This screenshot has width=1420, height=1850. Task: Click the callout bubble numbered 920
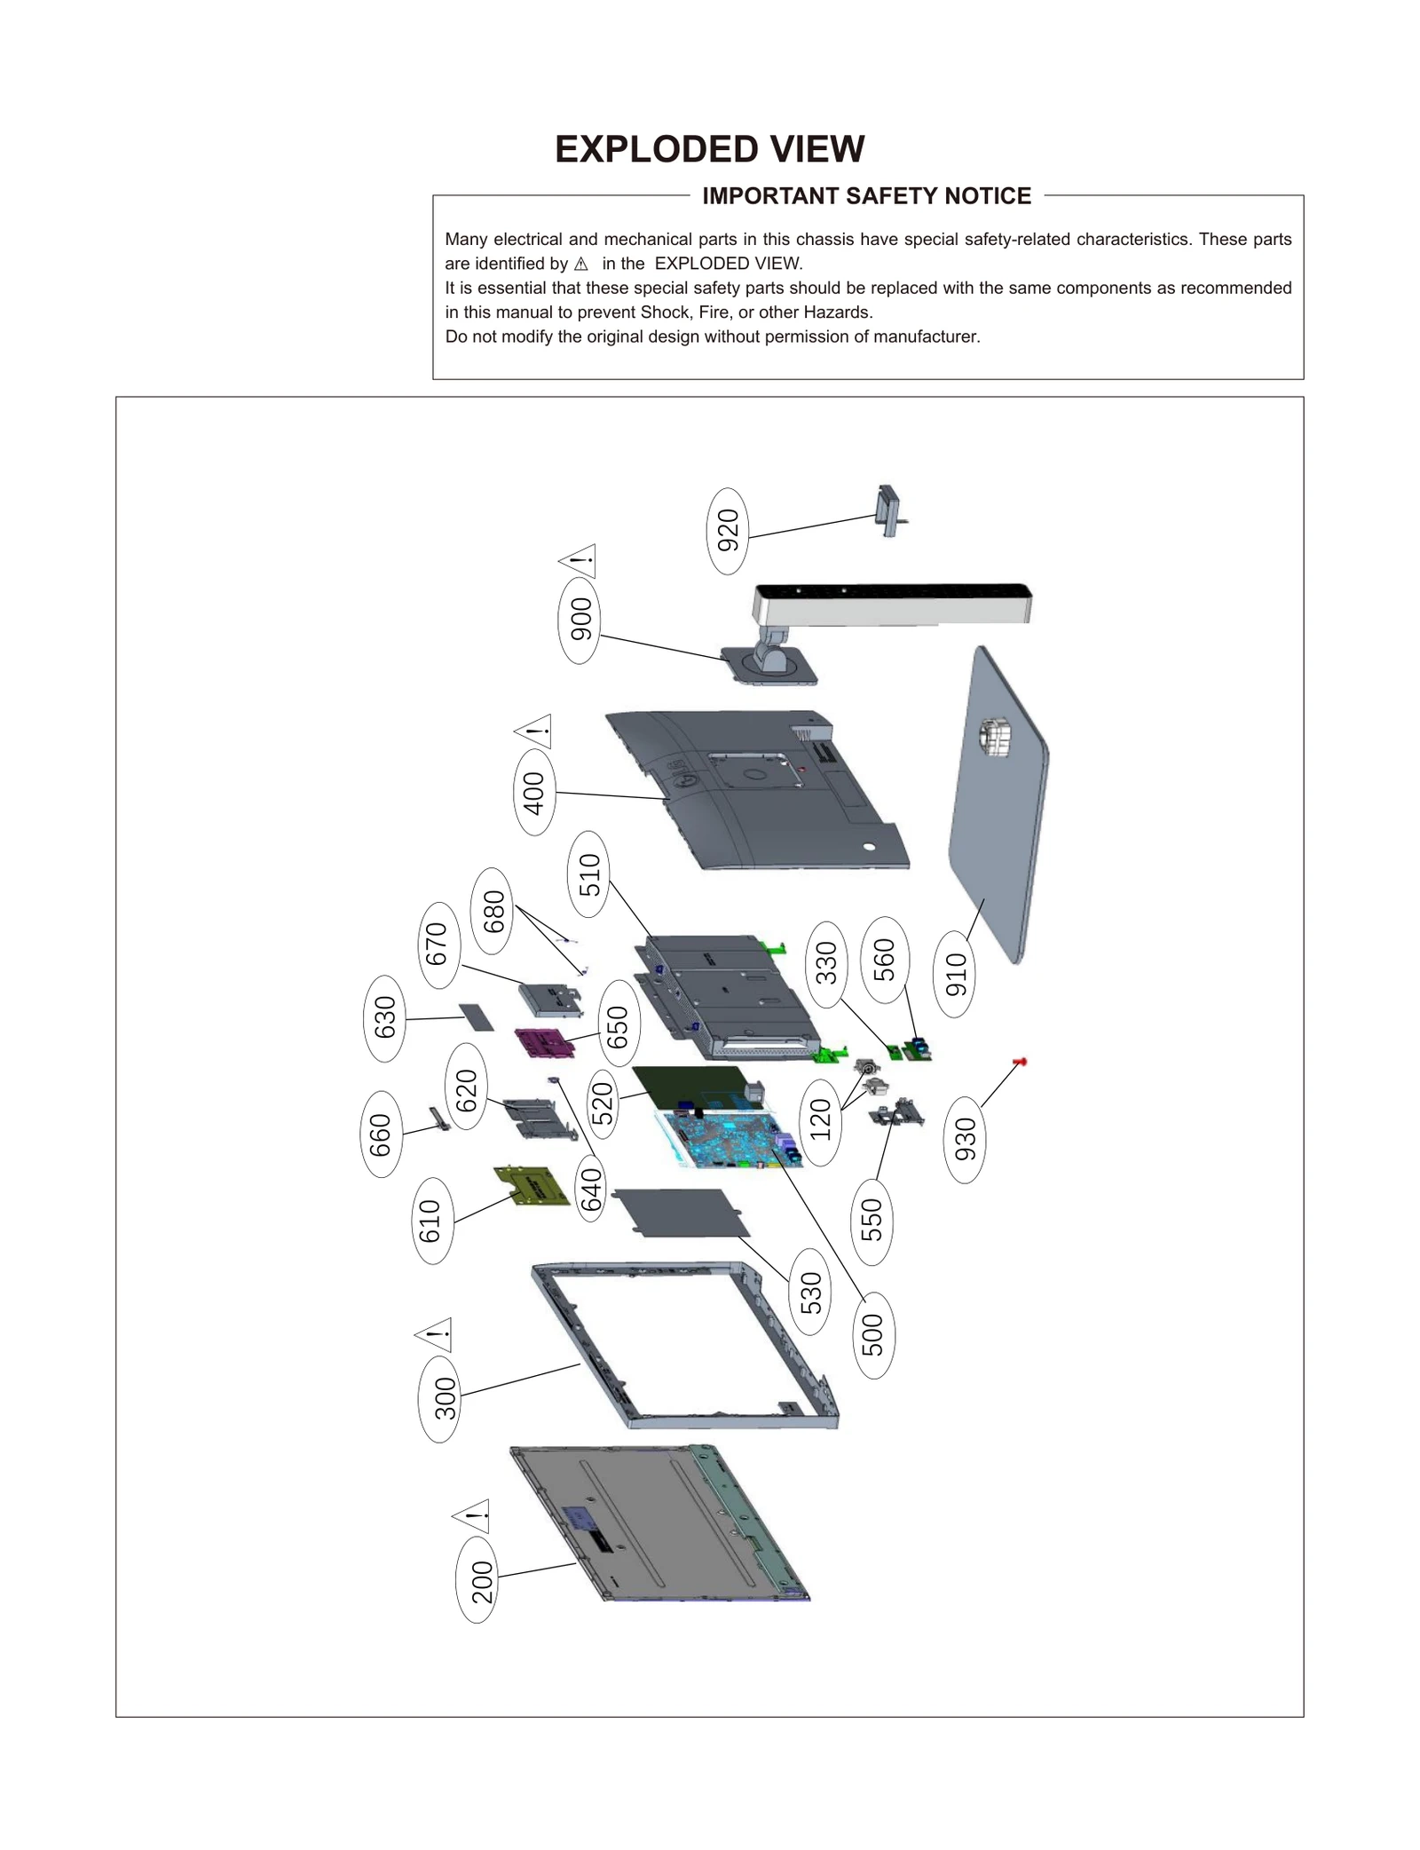727,531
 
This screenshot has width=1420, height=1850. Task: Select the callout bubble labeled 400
533,792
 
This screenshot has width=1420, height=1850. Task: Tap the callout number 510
588,874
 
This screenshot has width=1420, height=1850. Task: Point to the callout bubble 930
965,1140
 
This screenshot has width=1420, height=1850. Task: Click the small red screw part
1020,1062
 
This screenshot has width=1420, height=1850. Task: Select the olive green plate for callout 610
532,1187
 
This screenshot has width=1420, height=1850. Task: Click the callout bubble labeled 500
873,1334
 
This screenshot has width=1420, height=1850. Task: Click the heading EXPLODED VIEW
709,149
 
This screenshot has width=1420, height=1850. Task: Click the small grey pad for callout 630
477,1017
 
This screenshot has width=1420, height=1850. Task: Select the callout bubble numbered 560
885,960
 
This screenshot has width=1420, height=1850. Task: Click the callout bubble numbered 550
872,1221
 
